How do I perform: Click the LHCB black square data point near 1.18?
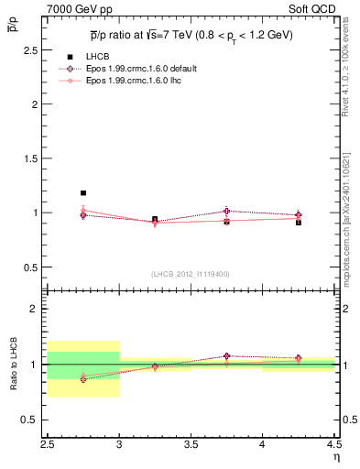pos(83,193)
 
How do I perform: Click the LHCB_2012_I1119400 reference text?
pos(191,274)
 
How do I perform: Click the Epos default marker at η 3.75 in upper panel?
pos(226,211)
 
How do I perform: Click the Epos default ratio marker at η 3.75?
pos(226,356)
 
